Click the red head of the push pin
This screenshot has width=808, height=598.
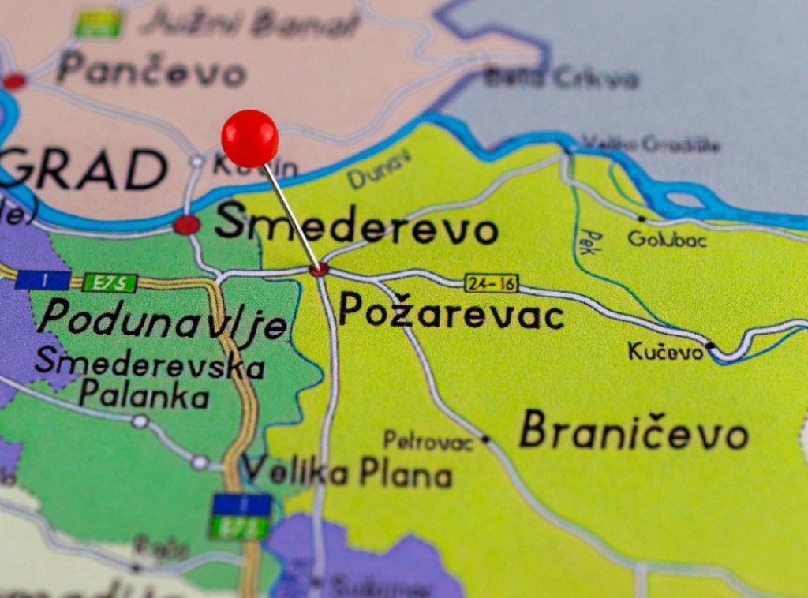pyautogui.click(x=249, y=138)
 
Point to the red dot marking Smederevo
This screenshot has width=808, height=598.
pyautogui.click(x=186, y=225)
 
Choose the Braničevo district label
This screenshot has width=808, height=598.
pyautogui.click(x=634, y=432)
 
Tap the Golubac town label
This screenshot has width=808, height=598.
pyautogui.click(x=667, y=238)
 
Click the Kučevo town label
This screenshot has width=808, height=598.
pyautogui.click(x=665, y=351)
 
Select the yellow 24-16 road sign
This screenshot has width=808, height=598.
pyautogui.click(x=491, y=283)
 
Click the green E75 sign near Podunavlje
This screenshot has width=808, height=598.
pyautogui.click(x=110, y=282)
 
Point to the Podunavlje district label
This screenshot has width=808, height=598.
pyautogui.click(x=163, y=320)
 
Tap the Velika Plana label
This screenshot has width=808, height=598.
pyautogui.click(x=346, y=473)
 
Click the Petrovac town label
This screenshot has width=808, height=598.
pyautogui.click(x=428, y=441)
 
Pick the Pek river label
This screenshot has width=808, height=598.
pyautogui.click(x=587, y=241)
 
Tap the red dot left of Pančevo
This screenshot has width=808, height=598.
pyautogui.click(x=14, y=80)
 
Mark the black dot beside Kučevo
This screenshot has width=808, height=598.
pyautogui.click(x=709, y=346)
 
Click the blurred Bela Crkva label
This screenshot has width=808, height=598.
pyautogui.click(x=561, y=78)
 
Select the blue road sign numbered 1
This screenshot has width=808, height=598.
pyautogui.click(x=43, y=280)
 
